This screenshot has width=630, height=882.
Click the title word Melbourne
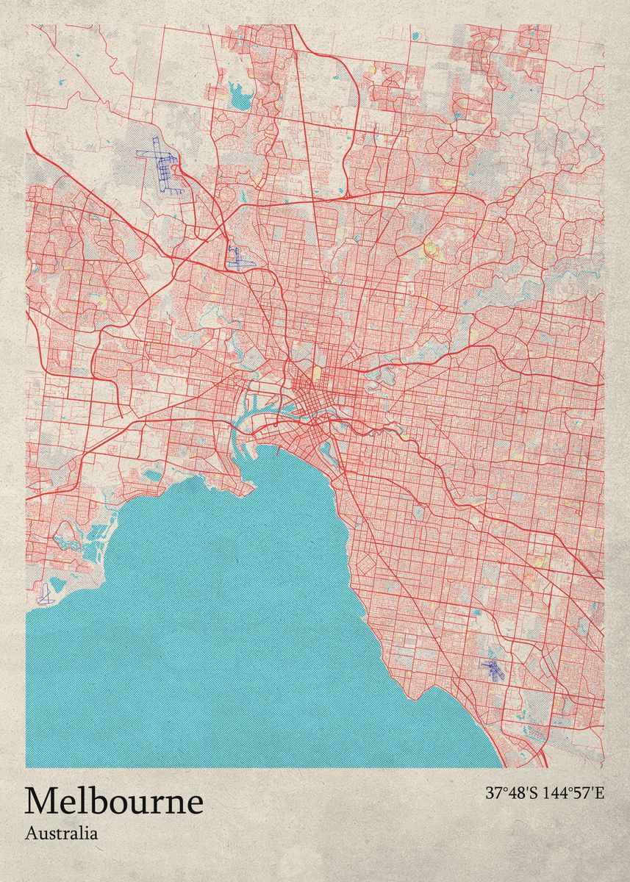[114, 800]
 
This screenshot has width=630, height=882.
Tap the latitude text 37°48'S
[512, 793]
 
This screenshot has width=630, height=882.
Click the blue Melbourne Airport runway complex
[162, 165]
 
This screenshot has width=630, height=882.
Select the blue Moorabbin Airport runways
[492, 669]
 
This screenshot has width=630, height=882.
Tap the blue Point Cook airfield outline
[45, 594]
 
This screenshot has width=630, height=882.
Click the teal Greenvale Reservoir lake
[238, 93]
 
